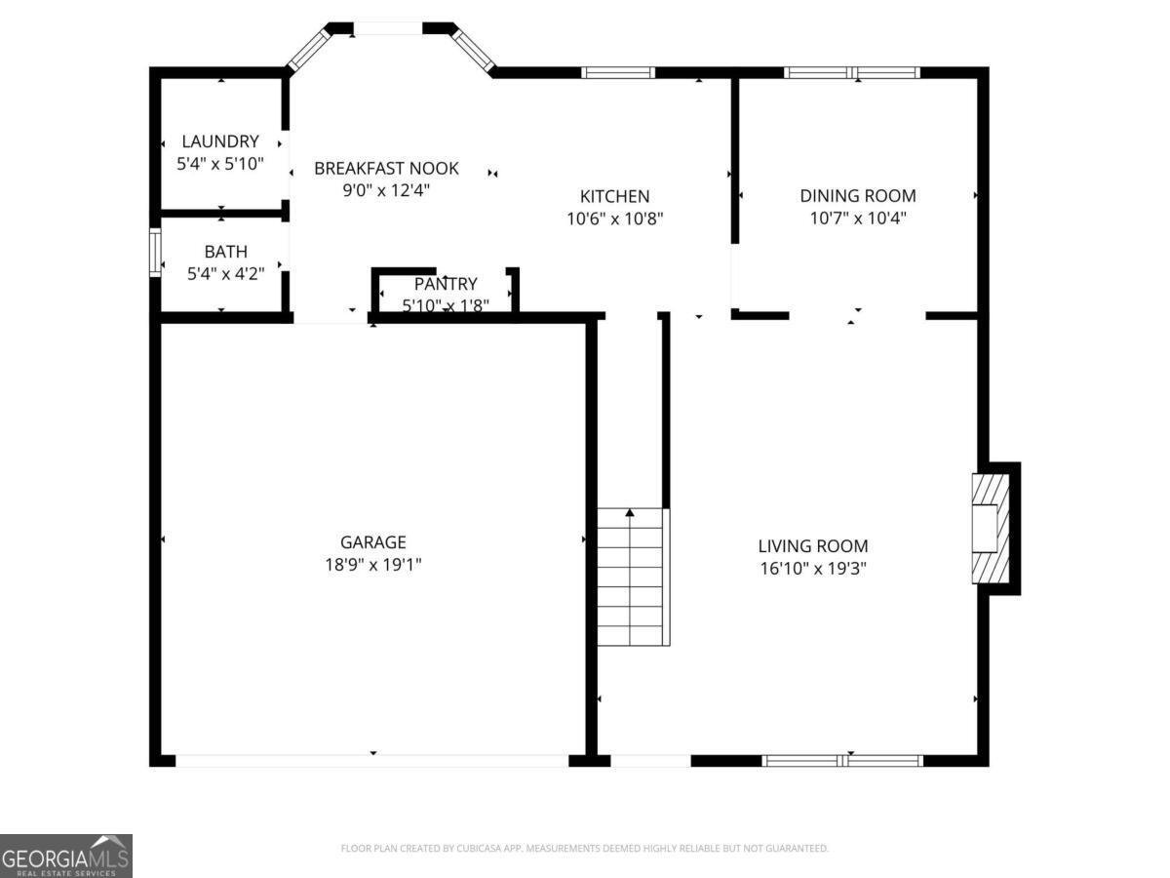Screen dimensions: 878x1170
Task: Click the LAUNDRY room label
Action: [219, 141]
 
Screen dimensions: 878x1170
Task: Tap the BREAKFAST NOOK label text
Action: [386, 169]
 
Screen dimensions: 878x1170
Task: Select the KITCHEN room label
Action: [614, 196]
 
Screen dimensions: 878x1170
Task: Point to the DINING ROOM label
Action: [858, 196]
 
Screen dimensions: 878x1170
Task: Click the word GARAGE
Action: [372, 542]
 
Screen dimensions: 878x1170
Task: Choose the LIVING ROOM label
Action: [813, 546]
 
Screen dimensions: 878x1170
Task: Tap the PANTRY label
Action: [446, 284]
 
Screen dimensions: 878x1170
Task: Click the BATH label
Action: [225, 252]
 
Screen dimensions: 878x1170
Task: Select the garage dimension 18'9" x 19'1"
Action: [372, 565]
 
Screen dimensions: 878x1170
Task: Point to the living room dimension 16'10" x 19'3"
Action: [813, 569]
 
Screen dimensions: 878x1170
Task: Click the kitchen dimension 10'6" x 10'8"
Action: [614, 219]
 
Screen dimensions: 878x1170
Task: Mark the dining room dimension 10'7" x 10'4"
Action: [858, 219]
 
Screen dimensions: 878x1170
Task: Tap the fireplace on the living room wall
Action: [991, 528]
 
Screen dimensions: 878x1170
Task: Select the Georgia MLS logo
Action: [65, 856]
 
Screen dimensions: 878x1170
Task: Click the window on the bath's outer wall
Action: [154, 253]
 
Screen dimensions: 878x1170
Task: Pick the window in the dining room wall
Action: [852, 72]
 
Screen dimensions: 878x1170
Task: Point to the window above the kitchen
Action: [618, 72]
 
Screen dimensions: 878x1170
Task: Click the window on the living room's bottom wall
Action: [842, 760]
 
